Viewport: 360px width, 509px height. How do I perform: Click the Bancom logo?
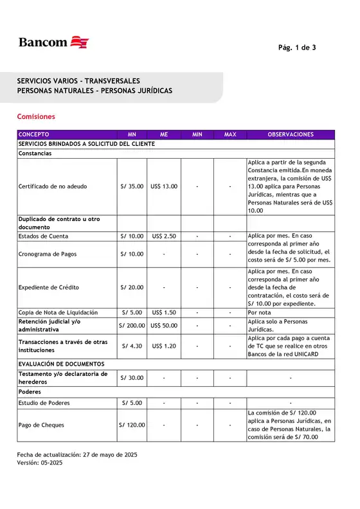point(53,42)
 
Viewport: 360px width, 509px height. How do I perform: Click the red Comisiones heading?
point(36,117)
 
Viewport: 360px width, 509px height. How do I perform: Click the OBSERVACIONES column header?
point(291,134)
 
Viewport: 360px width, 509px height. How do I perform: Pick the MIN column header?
point(197,134)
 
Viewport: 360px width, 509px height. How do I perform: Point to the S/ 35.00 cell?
point(132,186)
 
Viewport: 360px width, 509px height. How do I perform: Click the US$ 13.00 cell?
point(164,186)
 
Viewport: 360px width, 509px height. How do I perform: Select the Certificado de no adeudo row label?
point(53,186)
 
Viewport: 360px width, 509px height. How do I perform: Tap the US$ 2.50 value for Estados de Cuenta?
point(164,236)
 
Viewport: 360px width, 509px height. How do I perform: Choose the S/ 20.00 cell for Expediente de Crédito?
point(132,287)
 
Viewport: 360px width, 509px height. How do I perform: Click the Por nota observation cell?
point(260,312)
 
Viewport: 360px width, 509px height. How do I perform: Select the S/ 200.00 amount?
point(132,326)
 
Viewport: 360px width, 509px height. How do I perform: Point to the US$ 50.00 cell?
point(164,326)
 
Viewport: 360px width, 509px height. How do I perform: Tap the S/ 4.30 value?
point(132,346)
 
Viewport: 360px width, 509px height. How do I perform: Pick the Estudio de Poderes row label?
point(44,403)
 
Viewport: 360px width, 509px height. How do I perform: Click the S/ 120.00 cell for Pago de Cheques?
point(132,425)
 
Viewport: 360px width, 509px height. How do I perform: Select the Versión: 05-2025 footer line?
point(40,462)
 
